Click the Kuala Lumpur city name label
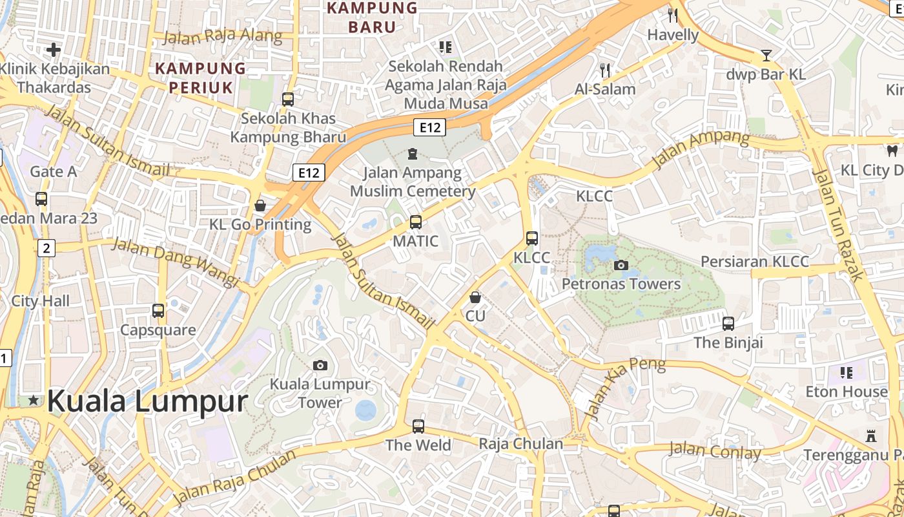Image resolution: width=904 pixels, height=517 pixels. (147, 401)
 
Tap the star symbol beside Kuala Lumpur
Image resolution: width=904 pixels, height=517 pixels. (34, 401)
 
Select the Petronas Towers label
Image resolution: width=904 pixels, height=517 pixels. (621, 284)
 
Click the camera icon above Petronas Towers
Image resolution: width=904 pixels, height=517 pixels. (621, 265)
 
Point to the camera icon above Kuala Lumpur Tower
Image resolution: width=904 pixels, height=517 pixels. (320, 365)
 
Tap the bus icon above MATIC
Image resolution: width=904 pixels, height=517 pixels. (416, 222)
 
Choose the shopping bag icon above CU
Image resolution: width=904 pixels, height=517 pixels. (475, 297)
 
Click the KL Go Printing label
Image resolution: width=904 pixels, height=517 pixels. (260, 225)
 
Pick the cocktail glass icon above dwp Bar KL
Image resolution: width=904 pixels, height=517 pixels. (766, 56)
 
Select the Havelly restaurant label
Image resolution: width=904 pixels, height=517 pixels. (673, 35)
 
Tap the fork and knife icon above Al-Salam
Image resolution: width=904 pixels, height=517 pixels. (605, 70)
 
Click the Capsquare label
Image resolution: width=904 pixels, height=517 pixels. (158, 330)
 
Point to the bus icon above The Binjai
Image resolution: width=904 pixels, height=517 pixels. (728, 323)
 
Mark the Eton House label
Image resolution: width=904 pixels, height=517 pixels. (847, 392)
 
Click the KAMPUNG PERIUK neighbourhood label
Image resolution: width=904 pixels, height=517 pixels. (200, 78)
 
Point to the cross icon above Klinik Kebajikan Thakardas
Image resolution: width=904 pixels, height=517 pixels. (54, 49)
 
